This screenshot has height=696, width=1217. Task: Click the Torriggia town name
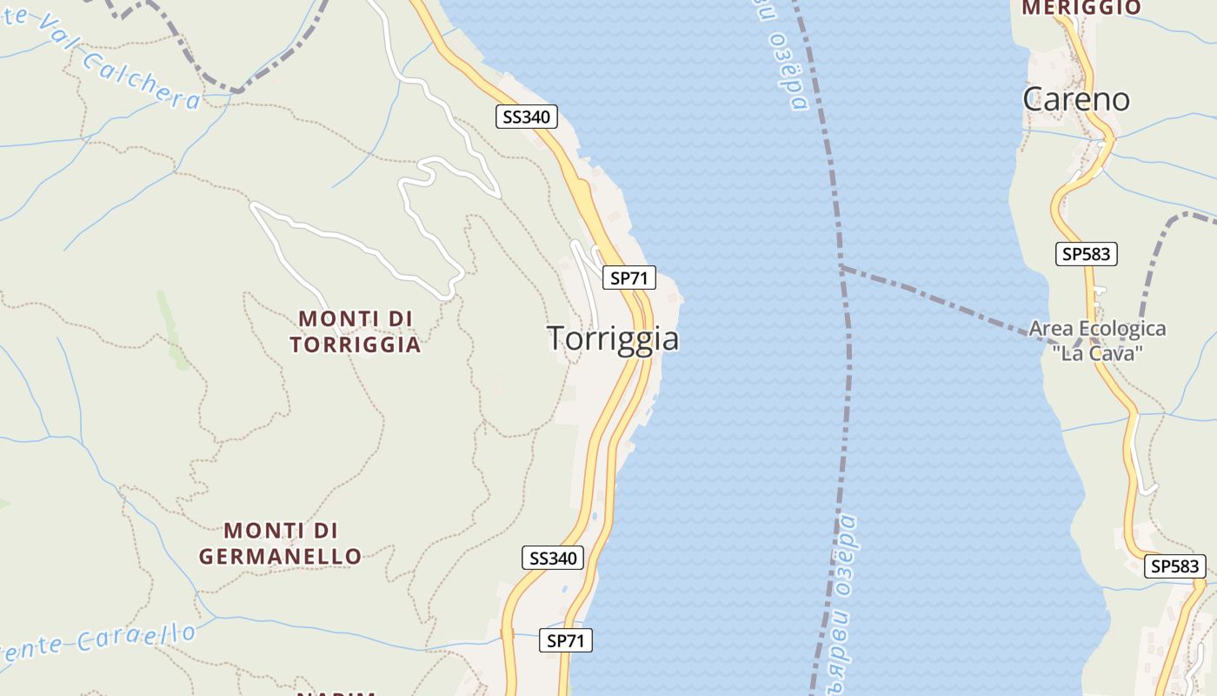click(613, 338)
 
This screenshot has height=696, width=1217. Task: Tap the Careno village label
click(1076, 99)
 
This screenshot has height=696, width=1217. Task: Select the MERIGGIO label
click(1081, 8)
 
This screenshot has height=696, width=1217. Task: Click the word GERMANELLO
click(280, 556)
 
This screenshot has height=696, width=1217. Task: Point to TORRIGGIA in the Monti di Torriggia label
click(355, 345)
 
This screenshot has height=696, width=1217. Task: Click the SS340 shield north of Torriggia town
click(527, 117)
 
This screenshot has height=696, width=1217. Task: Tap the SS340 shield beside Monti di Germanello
click(553, 559)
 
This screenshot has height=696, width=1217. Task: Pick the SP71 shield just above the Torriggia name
click(629, 278)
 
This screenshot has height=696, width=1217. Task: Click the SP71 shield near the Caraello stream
click(566, 641)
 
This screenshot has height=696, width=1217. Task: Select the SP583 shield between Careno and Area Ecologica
click(1087, 254)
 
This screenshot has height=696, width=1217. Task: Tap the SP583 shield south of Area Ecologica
click(1174, 566)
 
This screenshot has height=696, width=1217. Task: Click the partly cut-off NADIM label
click(336, 693)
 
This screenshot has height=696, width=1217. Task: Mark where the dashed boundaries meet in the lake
click(841, 266)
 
